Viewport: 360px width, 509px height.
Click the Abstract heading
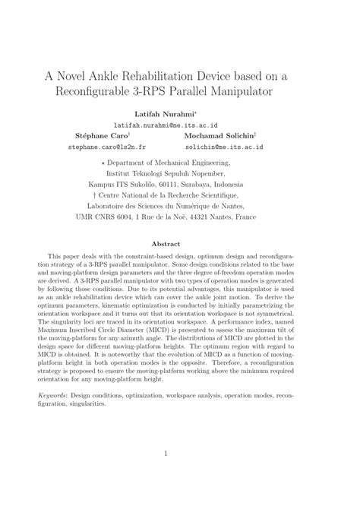[x=179, y=244]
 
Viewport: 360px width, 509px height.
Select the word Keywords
[x=54, y=396]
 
